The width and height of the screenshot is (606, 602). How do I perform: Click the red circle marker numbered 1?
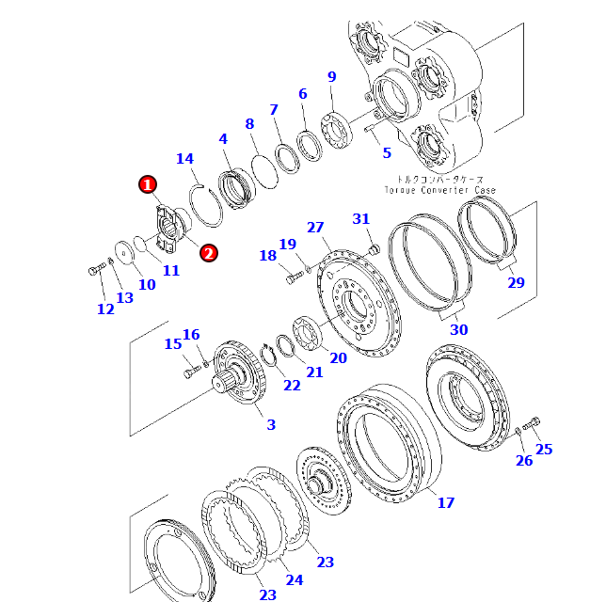pyautogui.click(x=148, y=184)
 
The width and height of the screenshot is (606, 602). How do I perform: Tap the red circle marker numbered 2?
pyautogui.click(x=208, y=252)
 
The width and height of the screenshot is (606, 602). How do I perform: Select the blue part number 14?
pyautogui.click(x=184, y=159)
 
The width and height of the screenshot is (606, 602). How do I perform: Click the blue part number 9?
pyautogui.click(x=332, y=77)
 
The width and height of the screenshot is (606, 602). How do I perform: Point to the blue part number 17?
pyautogui.click(x=446, y=502)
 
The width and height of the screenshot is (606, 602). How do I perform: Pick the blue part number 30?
pyautogui.click(x=458, y=329)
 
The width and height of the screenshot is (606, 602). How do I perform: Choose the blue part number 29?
pyautogui.click(x=516, y=282)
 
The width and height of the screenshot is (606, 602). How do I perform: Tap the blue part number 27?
pyautogui.click(x=315, y=227)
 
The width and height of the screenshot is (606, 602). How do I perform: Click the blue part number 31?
pyautogui.click(x=361, y=219)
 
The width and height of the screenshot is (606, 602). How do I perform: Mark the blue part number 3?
pyautogui.click(x=271, y=425)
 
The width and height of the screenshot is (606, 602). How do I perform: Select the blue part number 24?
pyautogui.click(x=295, y=579)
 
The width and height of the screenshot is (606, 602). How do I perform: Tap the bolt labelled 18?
pyautogui.click(x=291, y=277)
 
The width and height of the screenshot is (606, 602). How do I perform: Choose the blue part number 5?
pyautogui.click(x=386, y=152)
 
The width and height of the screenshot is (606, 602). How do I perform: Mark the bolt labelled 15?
pyautogui.click(x=192, y=373)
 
